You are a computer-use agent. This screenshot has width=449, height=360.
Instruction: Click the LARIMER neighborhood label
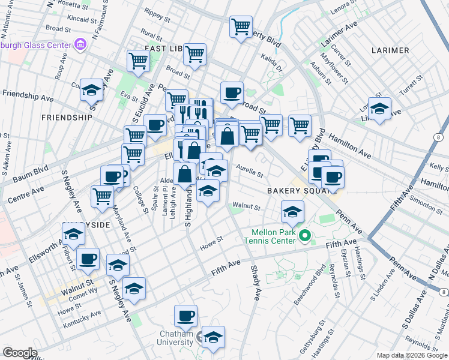pyautogui.click(x=390, y=50)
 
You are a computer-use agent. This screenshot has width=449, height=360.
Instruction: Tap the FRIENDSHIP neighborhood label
pyautogui.click(x=67, y=118)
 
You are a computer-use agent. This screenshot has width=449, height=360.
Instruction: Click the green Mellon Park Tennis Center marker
pyautogui.click(x=305, y=236)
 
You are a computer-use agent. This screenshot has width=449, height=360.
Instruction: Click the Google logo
pyautogui.click(x=20, y=353)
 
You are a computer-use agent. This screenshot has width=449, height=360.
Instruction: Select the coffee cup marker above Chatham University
pyautogui.click(x=185, y=315)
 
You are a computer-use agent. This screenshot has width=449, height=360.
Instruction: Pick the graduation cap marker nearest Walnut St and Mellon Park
pyautogui.click(x=292, y=211)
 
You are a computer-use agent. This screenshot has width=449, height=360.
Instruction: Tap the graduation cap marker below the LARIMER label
pyautogui.click(x=379, y=109)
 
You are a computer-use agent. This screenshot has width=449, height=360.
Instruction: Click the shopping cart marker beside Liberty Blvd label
pyautogui.click(x=241, y=26)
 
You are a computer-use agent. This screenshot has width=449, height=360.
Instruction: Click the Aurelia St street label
pyautogui.click(x=249, y=171)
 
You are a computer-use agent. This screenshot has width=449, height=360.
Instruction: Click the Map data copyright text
pyautogui.click(x=412, y=355)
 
